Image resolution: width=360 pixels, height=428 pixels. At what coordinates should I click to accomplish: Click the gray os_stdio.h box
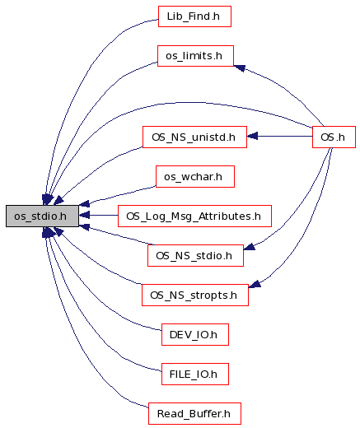42,216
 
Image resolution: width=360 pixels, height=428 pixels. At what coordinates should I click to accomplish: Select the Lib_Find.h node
194,16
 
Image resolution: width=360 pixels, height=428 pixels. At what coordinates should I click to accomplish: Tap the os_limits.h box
195,56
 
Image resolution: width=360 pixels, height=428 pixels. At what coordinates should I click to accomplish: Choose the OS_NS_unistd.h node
194,137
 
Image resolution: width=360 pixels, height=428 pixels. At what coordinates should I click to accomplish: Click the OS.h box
334,137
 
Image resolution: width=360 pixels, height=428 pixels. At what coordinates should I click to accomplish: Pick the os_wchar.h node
195,176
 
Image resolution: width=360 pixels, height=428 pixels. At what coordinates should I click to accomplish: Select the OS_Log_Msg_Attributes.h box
194,216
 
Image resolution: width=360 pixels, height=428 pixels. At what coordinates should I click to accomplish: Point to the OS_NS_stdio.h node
195,255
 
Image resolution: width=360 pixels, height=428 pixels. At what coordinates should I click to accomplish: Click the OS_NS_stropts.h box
195,295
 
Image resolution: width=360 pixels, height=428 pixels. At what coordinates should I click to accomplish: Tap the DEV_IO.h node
195,334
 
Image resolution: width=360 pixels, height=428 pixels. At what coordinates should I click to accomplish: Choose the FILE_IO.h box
195,374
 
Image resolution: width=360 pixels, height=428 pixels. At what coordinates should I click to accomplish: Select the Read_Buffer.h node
194,413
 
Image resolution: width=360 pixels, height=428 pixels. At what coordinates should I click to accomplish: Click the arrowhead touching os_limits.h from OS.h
239,67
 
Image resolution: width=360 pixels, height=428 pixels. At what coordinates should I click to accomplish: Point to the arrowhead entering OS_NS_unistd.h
252,136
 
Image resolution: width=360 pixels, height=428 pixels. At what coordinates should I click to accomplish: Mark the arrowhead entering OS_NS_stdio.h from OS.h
249,246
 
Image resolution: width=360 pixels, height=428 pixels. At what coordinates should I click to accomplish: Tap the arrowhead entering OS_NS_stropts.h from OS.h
255,284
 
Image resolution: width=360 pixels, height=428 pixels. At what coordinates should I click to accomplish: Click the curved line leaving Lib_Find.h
82,82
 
